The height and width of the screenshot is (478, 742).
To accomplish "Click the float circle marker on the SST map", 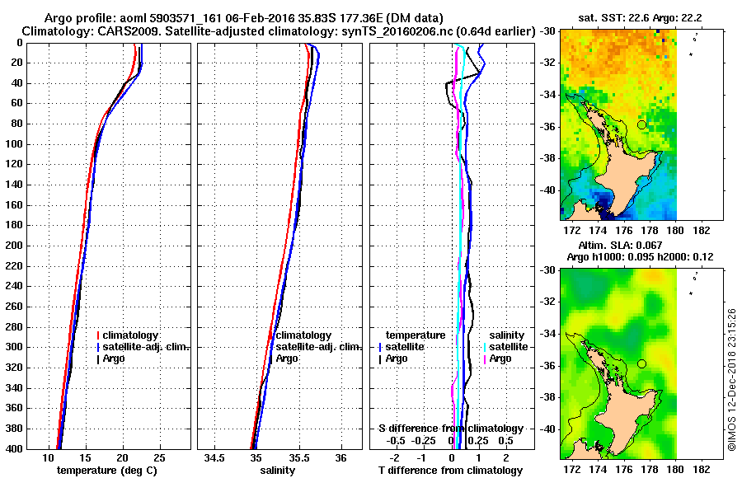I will [x=641, y=124].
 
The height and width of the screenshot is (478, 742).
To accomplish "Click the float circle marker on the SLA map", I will [x=641, y=363].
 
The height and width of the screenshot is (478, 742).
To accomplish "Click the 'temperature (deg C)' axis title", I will [x=106, y=471].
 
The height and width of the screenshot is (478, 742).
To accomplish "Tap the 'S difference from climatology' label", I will [x=450, y=429].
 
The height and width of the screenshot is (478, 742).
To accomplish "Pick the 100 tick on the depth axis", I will [x=16, y=144].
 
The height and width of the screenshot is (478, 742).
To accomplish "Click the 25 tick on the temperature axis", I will [x=160, y=457].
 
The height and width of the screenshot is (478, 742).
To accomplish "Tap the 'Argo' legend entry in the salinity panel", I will [x=287, y=358].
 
